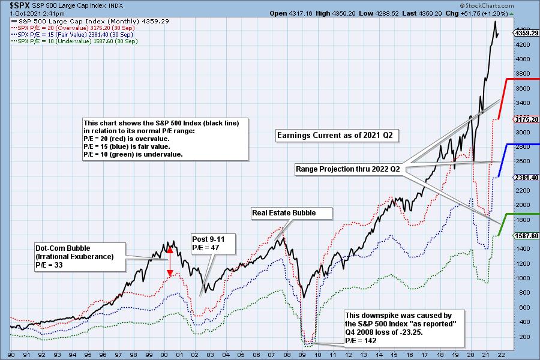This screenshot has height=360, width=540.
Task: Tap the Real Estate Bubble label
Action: click(292, 213)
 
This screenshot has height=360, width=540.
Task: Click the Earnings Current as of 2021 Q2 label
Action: click(334, 136)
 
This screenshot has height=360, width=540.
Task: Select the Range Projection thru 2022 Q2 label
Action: click(348, 169)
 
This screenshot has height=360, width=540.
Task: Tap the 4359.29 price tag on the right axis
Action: click(526, 33)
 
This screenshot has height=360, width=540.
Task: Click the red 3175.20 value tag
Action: click(526, 119)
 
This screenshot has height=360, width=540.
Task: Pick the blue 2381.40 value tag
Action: click(526, 178)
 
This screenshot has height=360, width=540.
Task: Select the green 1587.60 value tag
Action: click(526, 236)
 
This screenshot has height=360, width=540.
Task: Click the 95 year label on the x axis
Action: click(87, 355)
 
